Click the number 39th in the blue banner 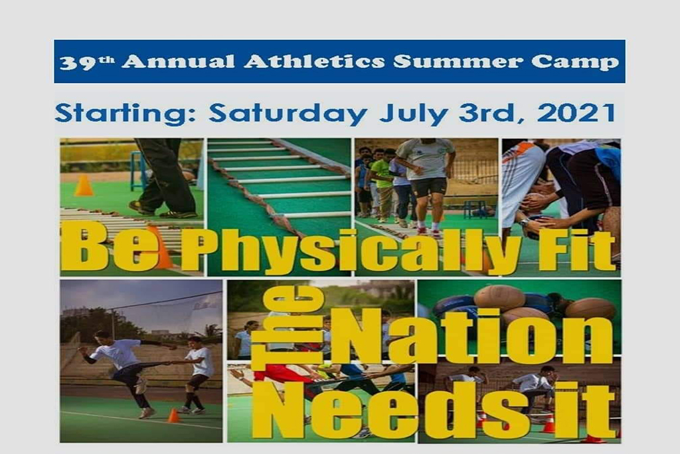pos(87,62)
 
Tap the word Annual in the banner pos(178,61)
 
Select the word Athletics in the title pos(314,61)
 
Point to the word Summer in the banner pos(458,61)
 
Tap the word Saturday pos(288,114)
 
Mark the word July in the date pos(413,114)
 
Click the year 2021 pos(576,113)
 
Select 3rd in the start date pos(489,113)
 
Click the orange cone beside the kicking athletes pos(173,415)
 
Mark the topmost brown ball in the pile pos(499,297)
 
